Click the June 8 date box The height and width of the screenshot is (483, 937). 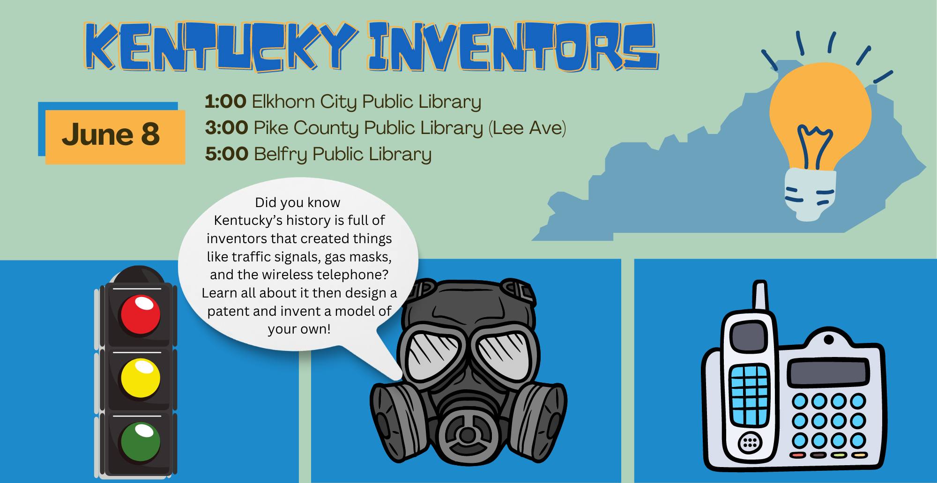[x=112, y=134]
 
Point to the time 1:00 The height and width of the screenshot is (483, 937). [x=225, y=102]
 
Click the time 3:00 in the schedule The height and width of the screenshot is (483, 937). [x=226, y=128]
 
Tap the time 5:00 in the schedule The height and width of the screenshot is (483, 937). [x=226, y=154]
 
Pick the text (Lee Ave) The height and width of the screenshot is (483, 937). [x=527, y=128]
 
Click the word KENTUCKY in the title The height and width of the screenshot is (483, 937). [x=221, y=49]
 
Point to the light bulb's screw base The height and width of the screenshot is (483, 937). [x=810, y=194]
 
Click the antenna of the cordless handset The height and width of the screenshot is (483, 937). [x=760, y=296]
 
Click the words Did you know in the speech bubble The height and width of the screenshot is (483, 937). [x=297, y=202]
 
